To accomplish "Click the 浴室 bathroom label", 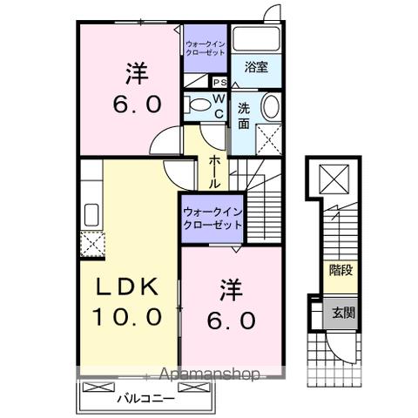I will (255, 66).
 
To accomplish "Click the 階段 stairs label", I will (340, 271).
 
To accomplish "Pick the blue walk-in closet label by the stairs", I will (212, 218).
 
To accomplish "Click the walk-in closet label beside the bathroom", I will (206, 46).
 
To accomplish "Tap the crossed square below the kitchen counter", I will (91, 244).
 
